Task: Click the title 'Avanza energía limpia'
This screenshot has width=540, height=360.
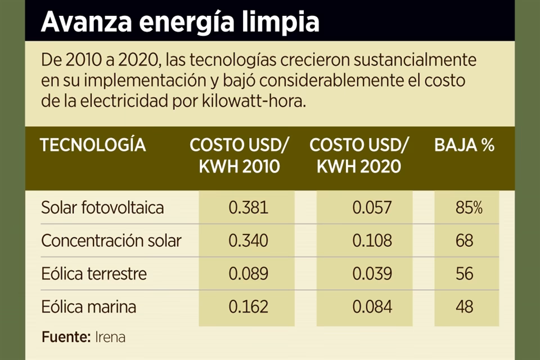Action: click(180, 21)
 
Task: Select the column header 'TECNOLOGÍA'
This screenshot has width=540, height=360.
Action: click(93, 145)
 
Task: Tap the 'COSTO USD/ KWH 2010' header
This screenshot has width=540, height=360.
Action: click(239, 156)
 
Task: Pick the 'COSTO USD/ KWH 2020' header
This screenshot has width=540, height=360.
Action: click(359, 156)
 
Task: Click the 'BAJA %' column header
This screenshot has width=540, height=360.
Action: click(464, 145)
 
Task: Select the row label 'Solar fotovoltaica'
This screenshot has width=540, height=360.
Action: click(102, 208)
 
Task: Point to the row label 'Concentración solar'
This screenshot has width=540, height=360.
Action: click(111, 241)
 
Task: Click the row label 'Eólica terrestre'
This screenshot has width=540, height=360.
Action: click(94, 274)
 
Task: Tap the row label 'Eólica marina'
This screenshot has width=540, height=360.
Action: click(88, 307)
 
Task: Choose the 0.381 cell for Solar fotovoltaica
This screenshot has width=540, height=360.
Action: click(248, 208)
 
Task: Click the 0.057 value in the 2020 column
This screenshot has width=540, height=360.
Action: click(372, 208)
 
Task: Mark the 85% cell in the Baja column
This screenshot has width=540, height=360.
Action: click(469, 208)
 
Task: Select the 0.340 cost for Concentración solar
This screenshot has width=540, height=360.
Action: click(248, 241)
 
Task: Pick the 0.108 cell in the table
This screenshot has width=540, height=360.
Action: click(372, 241)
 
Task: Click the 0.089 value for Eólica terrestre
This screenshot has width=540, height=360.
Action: click(248, 274)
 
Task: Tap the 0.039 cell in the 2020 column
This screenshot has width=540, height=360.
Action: click(372, 274)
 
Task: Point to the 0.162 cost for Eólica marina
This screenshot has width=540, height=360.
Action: click(248, 307)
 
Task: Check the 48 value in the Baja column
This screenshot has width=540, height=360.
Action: click(465, 307)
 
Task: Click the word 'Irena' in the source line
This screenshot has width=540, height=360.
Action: click(110, 337)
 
